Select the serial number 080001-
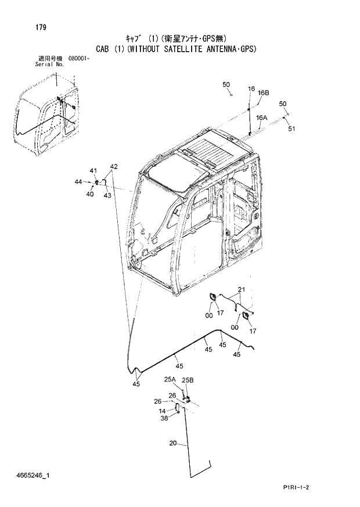(x=78, y=59)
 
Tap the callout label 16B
(x=264, y=92)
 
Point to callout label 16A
(x=262, y=117)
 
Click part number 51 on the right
(x=291, y=129)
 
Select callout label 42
(x=114, y=167)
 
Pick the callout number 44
(x=78, y=182)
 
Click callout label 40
(x=90, y=194)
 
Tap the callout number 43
(x=107, y=195)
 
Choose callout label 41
(x=92, y=170)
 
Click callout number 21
(x=242, y=289)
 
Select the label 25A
(x=169, y=380)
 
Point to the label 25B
(x=188, y=380)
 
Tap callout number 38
(x=164, y=418)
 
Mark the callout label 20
(x=173, y=444)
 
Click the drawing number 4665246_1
(x=34, y=476)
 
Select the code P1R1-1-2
(x=296, y=487)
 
